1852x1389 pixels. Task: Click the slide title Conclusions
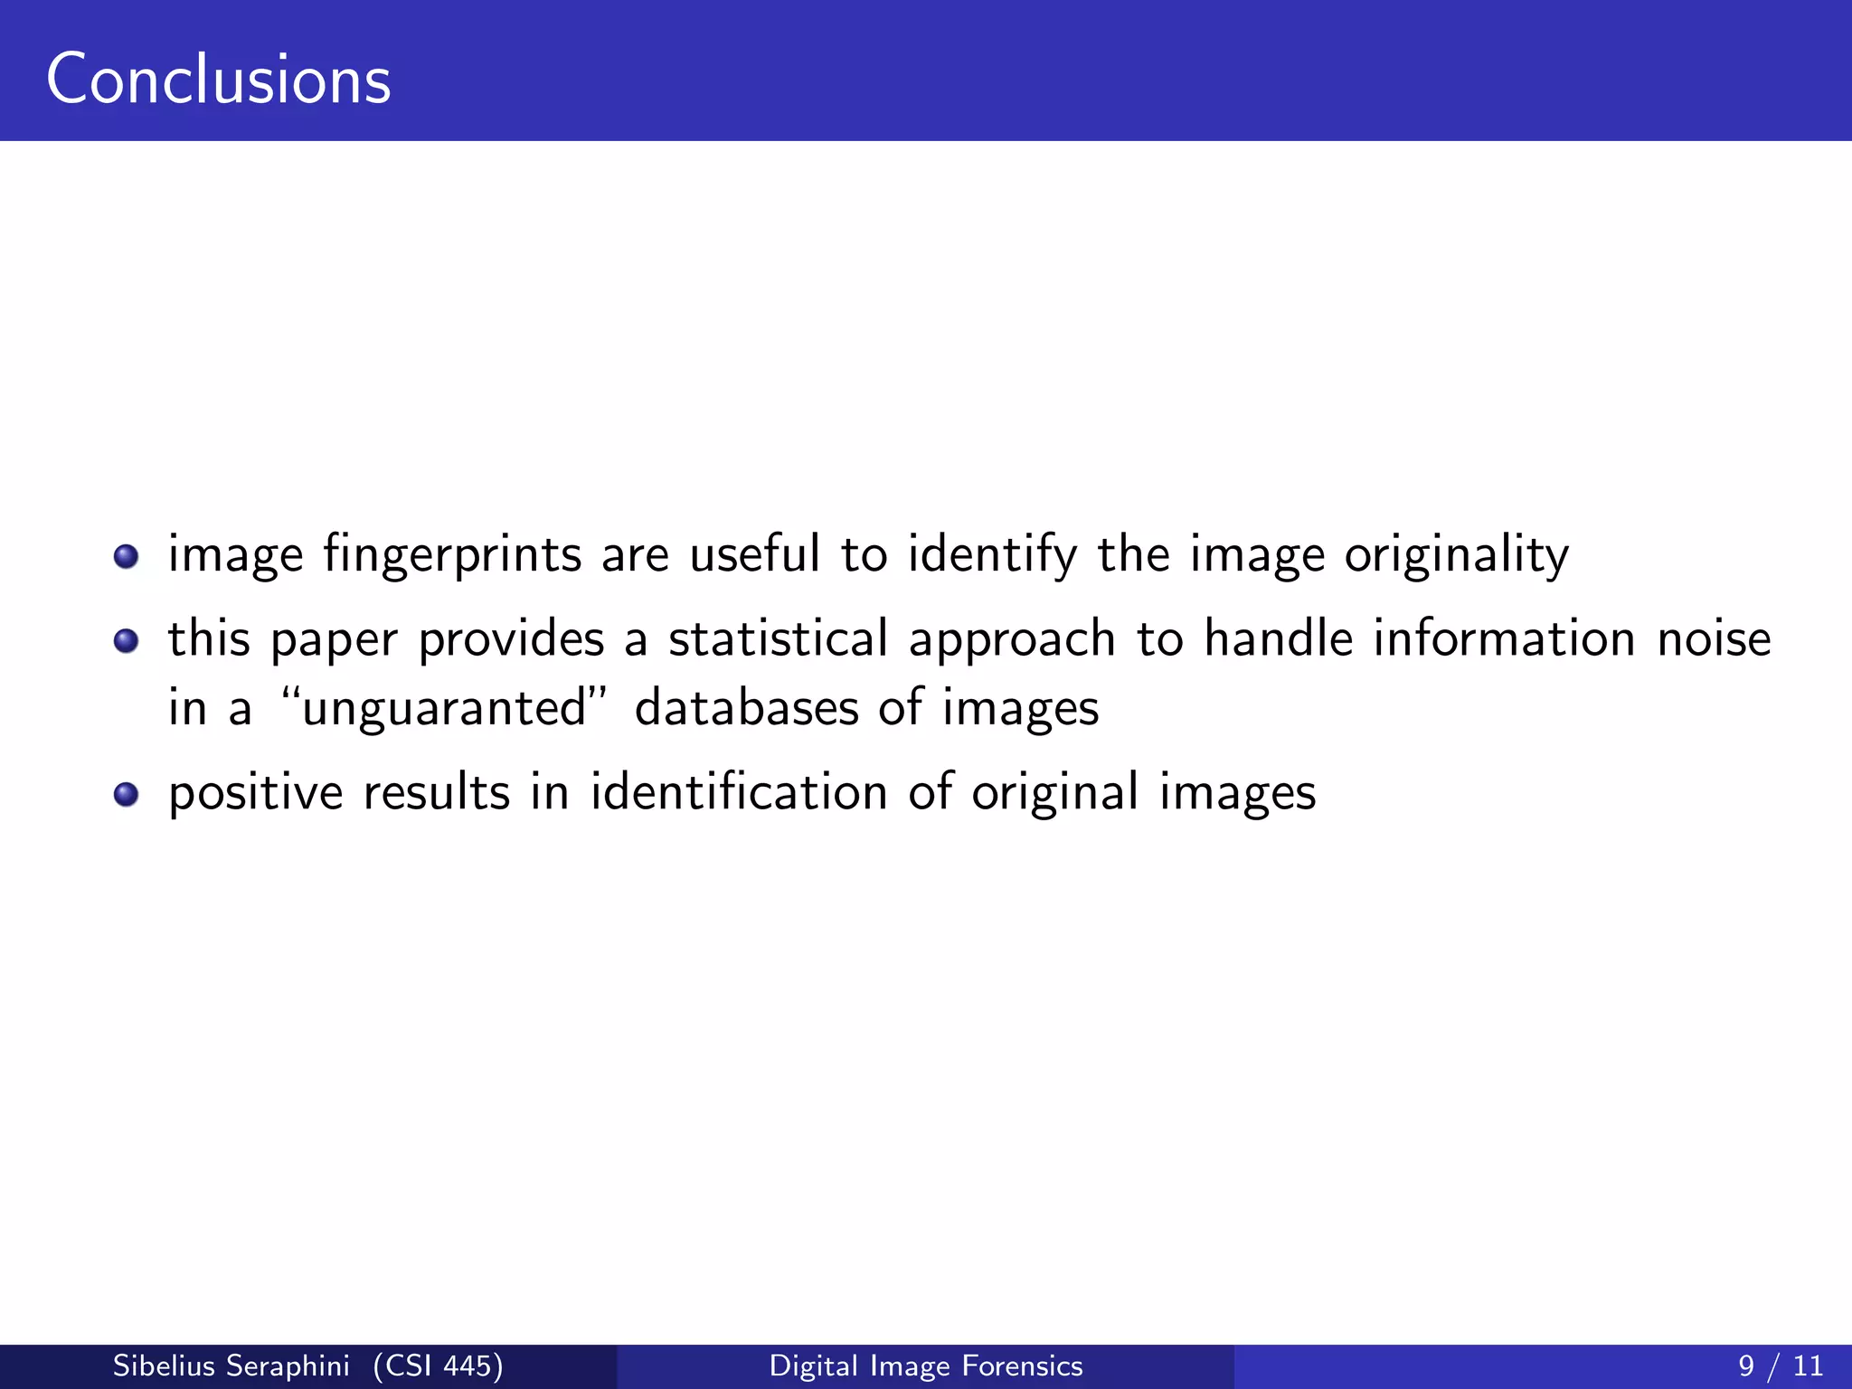point(218,80)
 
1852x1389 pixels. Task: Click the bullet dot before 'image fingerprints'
point(126,556)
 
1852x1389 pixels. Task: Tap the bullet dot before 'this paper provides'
point(126,641)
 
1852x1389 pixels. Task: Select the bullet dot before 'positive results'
point(126,795)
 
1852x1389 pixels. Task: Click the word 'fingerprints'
point(452,555)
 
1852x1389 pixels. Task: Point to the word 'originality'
point(1456,555)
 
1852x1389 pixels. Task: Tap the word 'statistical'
point(778,638)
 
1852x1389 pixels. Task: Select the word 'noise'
point(1714,638)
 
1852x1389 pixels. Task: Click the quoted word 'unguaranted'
point(444,708)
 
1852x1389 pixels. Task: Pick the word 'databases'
point(746,707)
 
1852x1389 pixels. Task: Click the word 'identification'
point(739,792)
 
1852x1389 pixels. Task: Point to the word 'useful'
point(754,553)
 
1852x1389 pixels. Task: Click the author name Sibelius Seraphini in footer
point(231,1365)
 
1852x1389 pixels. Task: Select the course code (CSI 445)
point(438,1365)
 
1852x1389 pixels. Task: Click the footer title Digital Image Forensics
point(925,1365)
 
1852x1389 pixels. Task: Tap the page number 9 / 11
point(1780,1365)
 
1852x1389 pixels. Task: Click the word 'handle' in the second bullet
point(1278,638)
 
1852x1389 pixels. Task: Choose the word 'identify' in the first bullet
point(992,555)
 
